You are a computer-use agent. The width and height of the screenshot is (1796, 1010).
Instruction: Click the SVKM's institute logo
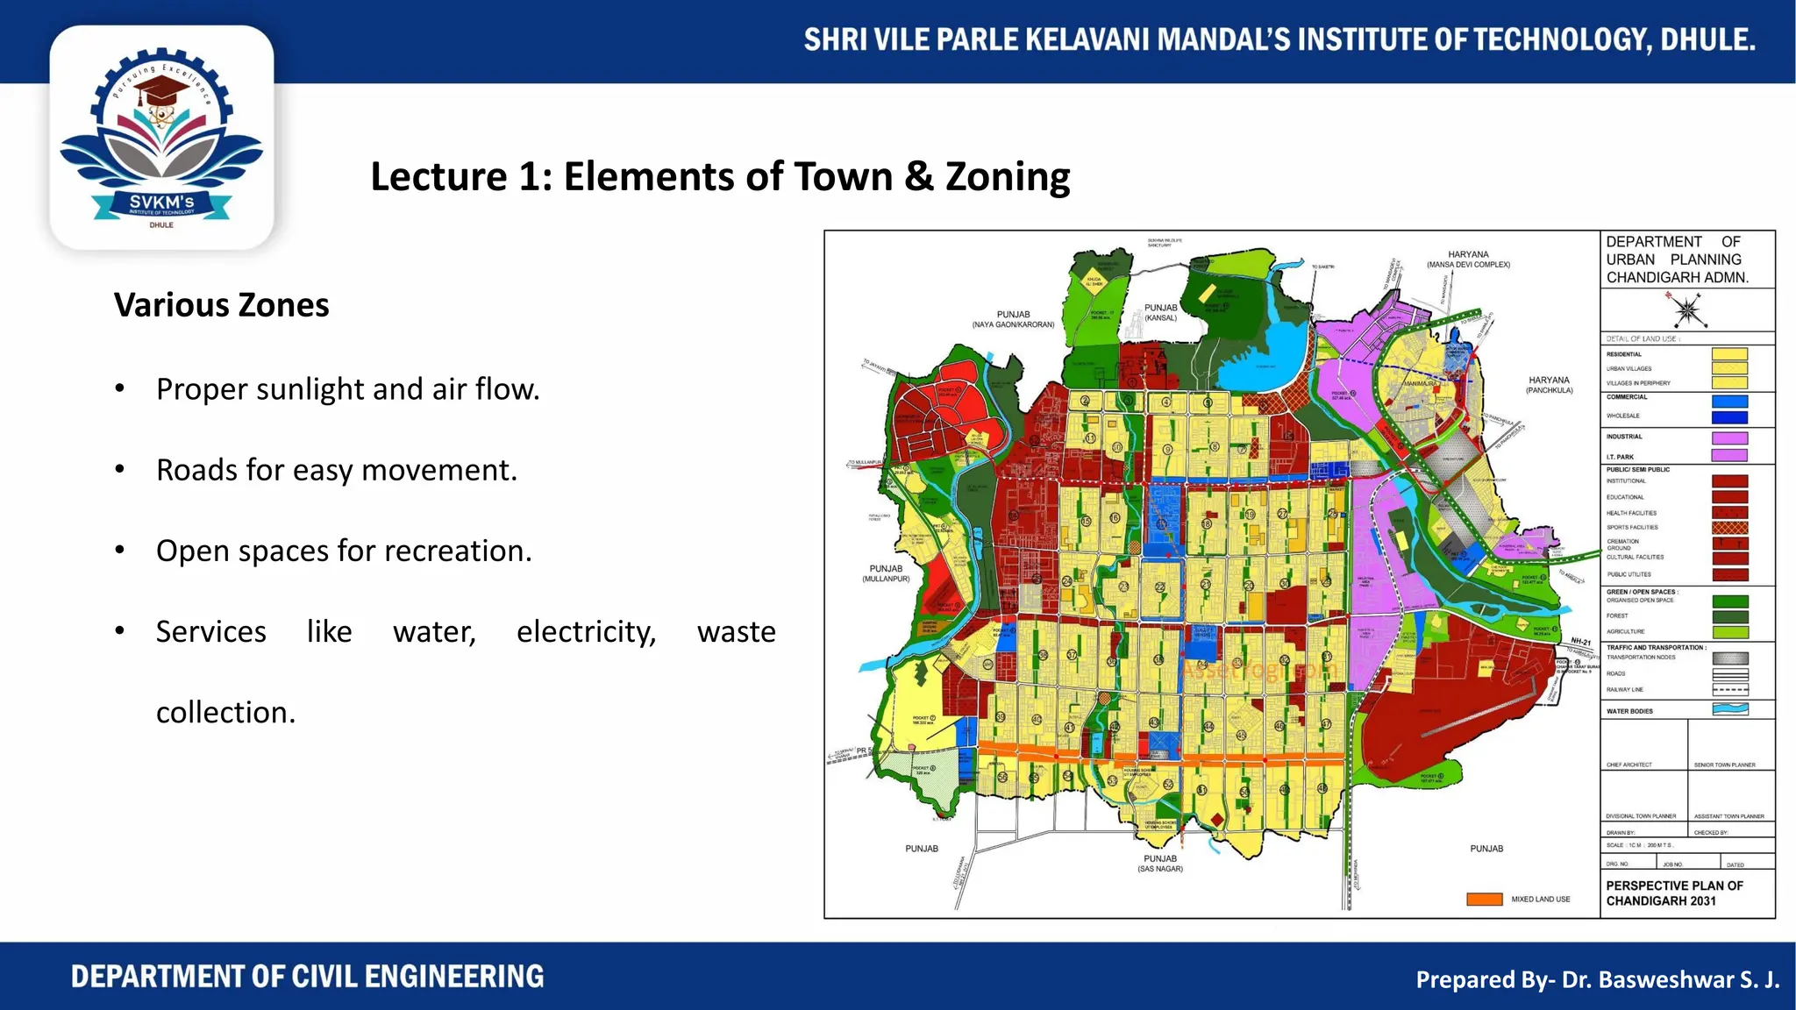click(x=161, y=139)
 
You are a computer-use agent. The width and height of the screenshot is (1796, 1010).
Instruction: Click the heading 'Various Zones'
click(x=221, y=305)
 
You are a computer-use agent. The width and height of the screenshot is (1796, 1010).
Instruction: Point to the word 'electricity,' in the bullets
click(x=586, y=631)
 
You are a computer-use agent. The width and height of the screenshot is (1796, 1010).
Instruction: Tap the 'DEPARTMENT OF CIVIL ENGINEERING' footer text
click(x=307, y=977)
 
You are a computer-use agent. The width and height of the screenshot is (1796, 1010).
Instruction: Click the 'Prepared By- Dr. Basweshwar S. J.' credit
click(x=1597, y=979)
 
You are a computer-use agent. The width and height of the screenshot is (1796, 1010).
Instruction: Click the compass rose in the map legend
click(x=1686, y=309)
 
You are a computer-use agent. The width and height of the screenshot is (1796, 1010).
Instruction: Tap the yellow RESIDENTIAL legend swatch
click(x=1729, y=354)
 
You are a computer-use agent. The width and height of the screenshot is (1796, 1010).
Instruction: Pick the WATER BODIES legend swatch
click(x=1729, y=710)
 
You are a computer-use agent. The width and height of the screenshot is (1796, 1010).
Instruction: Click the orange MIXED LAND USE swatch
click(x=1484, y=900)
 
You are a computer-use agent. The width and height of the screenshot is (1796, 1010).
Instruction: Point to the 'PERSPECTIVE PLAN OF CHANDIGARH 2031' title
click(x=1674, y=893)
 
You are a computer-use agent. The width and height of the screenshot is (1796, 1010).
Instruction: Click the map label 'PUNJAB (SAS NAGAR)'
click(x=1160, y=864)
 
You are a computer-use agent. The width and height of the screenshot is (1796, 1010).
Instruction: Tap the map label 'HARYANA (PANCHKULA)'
click(x=1549, y=385)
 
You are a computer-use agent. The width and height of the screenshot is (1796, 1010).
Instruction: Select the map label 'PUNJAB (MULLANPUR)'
click(x=886, y=573)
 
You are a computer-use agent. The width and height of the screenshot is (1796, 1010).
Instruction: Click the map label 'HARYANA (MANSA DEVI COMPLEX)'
click(x=1468, y=259)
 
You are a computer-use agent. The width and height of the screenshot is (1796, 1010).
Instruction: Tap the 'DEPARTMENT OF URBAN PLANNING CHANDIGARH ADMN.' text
click(x=1676, y=260)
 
